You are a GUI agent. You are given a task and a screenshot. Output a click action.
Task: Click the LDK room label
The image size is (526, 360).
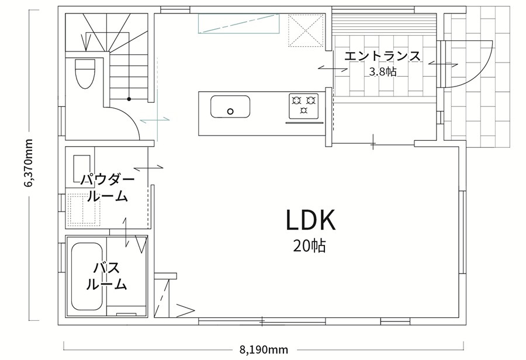[x=311, y=220]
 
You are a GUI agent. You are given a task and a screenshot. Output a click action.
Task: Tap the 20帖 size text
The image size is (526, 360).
[x=309, y=246]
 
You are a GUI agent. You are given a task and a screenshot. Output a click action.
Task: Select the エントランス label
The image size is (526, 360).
[x=382, y=56]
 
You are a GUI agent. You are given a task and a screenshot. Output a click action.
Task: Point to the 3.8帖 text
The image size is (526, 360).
[x=383, y=71]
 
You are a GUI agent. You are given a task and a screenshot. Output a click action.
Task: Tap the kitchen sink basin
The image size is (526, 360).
[x=230, y=107]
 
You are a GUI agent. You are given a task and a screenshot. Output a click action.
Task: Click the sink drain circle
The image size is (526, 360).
[x=230, y=112]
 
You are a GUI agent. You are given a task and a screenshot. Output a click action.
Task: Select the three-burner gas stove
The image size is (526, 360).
[x=304, y=106]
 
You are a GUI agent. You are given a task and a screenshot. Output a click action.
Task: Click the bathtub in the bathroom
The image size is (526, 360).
[x=87, y=277]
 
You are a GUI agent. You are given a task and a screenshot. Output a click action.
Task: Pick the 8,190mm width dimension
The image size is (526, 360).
[x=264, y=350]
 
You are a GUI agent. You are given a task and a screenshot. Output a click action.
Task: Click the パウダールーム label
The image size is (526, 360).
[x=108, y=188]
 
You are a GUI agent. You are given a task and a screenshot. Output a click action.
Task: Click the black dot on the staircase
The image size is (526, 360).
[x=129, y=99]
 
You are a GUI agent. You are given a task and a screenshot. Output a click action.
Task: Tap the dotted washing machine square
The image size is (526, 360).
[x=84, y=209]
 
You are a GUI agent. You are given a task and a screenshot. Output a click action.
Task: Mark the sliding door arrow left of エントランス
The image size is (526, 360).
[x=333, y=68]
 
